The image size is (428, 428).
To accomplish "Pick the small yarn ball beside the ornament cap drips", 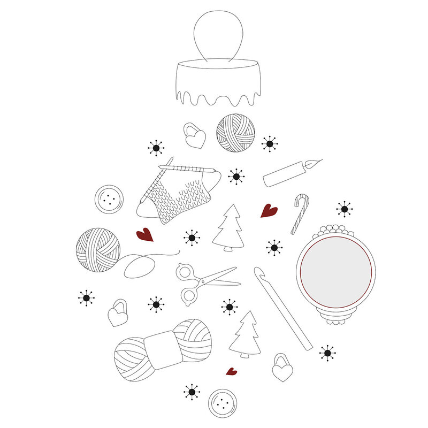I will pyautogui.click(x=235, y=132).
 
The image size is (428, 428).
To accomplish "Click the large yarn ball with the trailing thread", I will pyautogui.click(x=98, y=249).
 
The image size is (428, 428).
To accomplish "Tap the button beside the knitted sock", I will pyautogui.click(x=109, y=200).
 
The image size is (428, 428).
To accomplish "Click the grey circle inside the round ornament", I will pyautogui.click(x=335, y=272).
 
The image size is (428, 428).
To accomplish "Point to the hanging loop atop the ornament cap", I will pyautogui.click(x=218, y=34).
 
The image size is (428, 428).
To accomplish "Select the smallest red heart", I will pyautogui.click(x=231, y=371).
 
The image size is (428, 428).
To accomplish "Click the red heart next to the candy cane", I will pyautogui.click(x=269, y=211).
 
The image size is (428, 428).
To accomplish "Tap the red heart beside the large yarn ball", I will pyautogui.click(x=144, y=235).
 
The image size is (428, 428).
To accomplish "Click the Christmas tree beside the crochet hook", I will pyautogui.click(x=245, y=335).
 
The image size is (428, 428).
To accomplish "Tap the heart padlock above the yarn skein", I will pyautogui.click(x=118, y=314).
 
